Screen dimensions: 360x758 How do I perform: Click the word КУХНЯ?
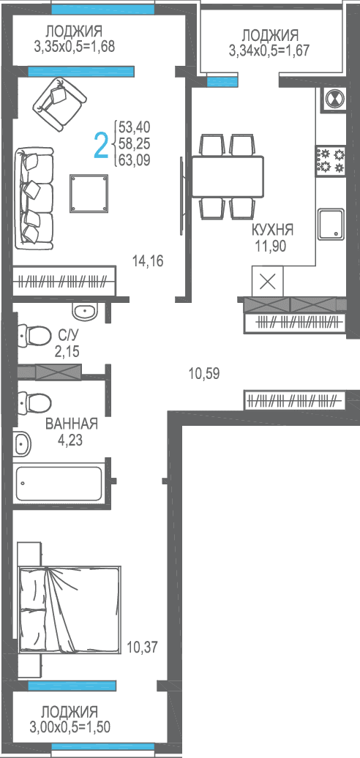tap(272, 230)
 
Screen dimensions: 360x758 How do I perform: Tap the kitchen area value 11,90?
tap(271, 246)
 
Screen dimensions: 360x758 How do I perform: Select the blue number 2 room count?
tap(100, 146)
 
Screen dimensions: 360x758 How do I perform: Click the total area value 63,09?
tap(135, 159)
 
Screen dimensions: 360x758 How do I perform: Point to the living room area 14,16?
tap(148, 261)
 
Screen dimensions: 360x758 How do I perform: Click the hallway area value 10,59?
tap(204, 373)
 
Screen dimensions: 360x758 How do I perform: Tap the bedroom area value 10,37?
tap(142, 646)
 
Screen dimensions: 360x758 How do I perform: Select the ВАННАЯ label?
tap(72, 424)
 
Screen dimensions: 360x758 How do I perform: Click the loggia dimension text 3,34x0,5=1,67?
tap(270, 50)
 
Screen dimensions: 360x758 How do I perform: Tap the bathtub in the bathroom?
tap(59, 484)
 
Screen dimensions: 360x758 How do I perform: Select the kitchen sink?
tap(331, 225)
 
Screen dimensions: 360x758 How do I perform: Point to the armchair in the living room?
tap(59, 104)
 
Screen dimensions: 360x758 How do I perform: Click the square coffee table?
tap(89, 193)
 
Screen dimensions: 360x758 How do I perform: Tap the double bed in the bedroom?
tap(69, 609)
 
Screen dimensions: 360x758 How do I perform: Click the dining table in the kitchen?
tap(228, 176)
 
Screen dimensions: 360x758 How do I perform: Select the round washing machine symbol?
tap(334, 99)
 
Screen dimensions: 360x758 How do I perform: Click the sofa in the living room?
tap(34, 199)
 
